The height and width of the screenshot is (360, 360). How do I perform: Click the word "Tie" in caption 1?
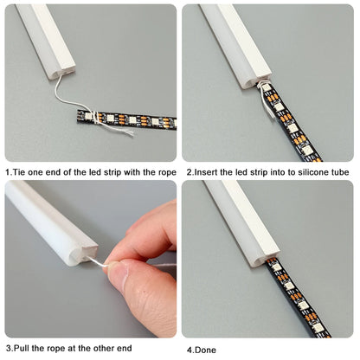point(18,172)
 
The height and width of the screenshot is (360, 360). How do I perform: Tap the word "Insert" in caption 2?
point(205,172)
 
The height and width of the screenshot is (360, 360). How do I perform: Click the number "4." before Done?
point(190,350)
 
